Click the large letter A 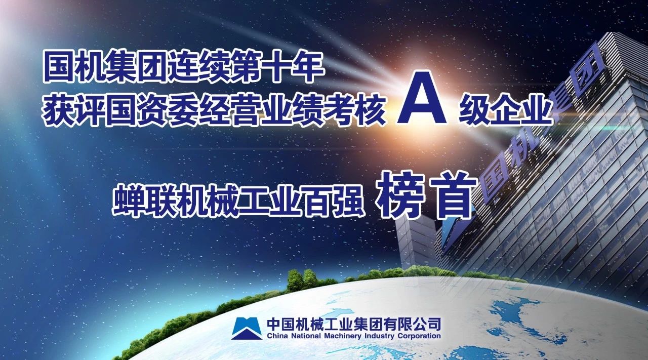[422, 98]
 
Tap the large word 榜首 [426, 195]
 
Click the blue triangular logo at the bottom [247, 328]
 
